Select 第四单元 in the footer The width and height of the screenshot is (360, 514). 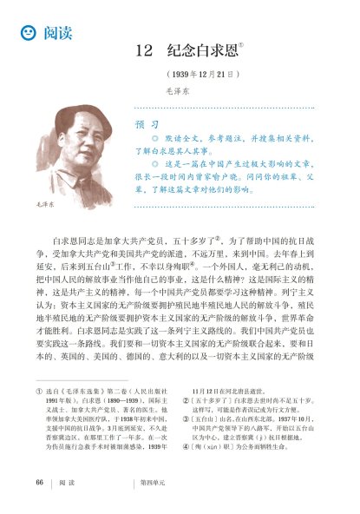(153, 482)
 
